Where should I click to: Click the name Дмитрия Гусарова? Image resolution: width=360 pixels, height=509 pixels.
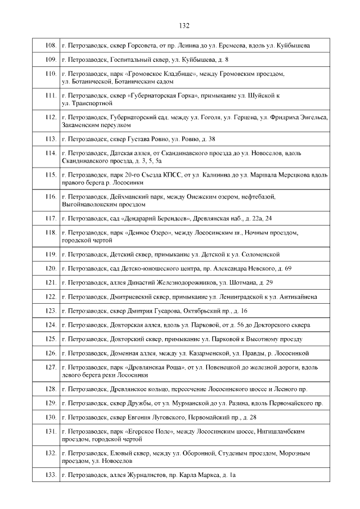(149, 310)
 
